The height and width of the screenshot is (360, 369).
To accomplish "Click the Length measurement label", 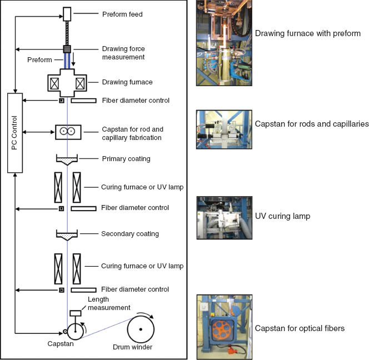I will click(109, 303).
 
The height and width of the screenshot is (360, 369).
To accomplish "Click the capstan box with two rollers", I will click(68, 132).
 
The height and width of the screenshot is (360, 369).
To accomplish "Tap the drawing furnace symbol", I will click(68, 83).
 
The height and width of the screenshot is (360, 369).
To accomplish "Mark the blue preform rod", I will click(67, 61).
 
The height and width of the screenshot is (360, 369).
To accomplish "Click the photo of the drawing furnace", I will click(223, 43).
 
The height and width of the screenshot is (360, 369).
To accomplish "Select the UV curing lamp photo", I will click(224, 217).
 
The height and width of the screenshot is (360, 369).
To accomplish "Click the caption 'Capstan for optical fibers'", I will click(300, 328).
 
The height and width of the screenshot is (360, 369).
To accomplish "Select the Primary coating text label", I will click(126, 159).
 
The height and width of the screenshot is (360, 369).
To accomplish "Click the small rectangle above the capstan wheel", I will click(75, 313).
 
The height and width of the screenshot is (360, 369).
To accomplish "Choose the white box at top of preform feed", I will click(67, 13).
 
